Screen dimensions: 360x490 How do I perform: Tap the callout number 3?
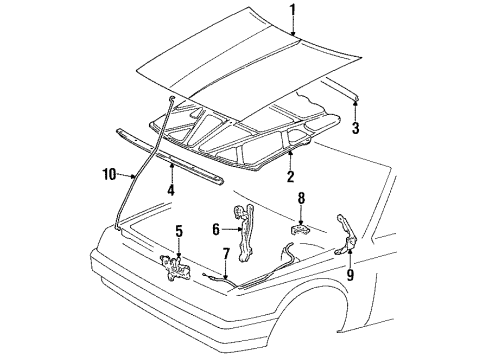(x=355, y=127)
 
